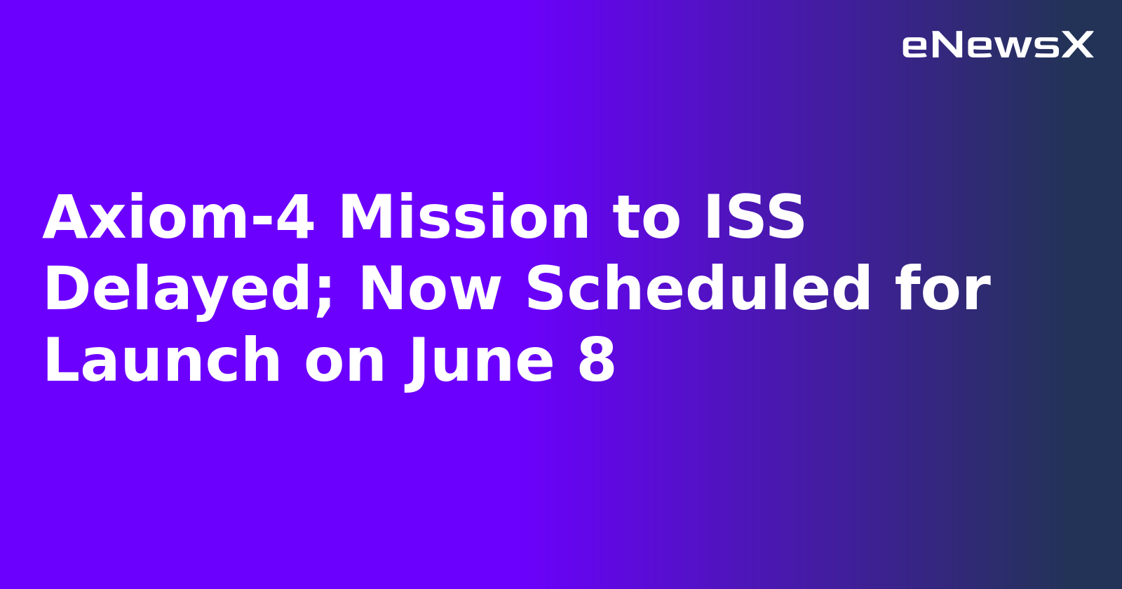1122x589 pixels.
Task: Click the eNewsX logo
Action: (x=997, y=46)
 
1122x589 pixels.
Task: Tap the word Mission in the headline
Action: (x=464, y=218)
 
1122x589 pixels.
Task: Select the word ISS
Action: (x=755, y=218)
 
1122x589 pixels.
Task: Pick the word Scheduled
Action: (x=698, y=289)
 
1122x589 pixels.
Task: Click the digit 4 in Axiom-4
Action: (x=295, y=218)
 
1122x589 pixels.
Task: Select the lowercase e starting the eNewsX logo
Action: (x=915, y=47)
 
